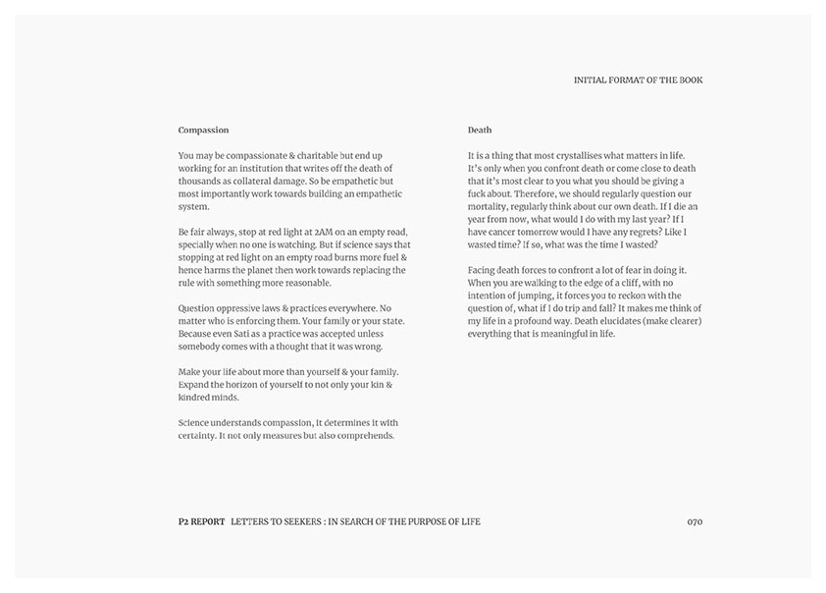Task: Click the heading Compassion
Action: coord(203,130)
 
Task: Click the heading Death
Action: coord(480,130)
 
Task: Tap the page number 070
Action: coord(695,521)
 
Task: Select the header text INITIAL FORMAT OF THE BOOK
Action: coord(638,80)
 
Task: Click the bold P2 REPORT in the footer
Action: coord(195,521)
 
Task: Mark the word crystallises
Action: coord(577,155)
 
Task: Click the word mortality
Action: coord(493,206)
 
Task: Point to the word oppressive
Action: coord(241,308)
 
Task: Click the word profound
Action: coord(555,321)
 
